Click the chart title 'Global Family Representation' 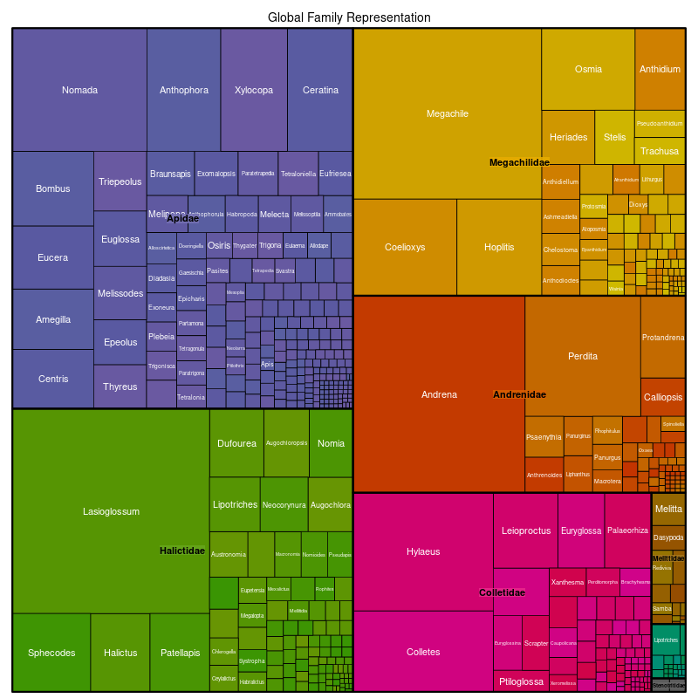click(x=349, y=17)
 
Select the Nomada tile click(x=79, y=90)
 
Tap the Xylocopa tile click(x=254, y=90)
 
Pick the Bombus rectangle click(x=53, y=188)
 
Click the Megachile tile click(x=447, y=113)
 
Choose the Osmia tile click(x=588, y=69)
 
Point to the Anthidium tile click(x=660, y=69)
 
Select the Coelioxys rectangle click(x=405, y=247)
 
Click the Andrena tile click(x=439, y=394)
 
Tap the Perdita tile click(x=583, y=356)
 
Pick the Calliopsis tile click(x=663, y=397)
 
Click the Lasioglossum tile click(x=111, y=511)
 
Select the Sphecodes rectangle click(x=51, y=653)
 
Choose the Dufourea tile click(x=236, y=443)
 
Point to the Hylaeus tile click(x=423, y=551)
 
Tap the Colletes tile click(x=423, y=652)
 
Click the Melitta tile click(x=668, y=509)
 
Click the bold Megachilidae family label click(x=519, y=162)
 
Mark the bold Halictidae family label click(x=182, y=551)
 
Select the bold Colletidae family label click(x=502, y=592)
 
